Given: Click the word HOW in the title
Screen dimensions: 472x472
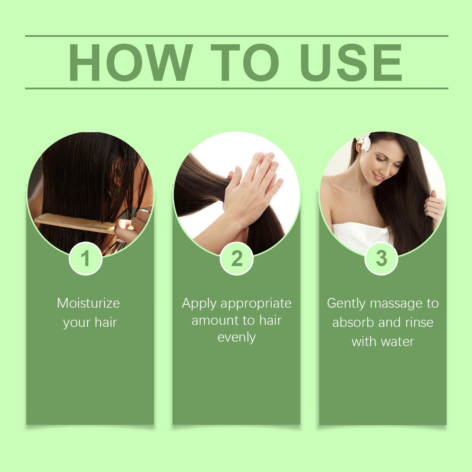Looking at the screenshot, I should click(130, 63).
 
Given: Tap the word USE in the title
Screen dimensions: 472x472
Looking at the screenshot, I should click(351, 63).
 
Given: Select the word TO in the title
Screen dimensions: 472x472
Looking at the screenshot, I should click(245, 63).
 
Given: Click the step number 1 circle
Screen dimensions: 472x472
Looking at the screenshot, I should click(86, 259).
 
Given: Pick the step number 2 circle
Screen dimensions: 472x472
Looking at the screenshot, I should click(236, 259).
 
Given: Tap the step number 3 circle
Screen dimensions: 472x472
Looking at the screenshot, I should click(381, 259).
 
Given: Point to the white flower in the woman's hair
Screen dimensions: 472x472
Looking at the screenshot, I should click(364, 142).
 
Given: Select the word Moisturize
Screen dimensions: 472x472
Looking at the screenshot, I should click(88, 303).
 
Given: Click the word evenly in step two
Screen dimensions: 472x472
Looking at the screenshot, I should click(236, 337).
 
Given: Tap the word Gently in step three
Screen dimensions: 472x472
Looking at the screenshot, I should click(346, 304).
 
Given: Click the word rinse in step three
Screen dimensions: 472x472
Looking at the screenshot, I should click(419, 322).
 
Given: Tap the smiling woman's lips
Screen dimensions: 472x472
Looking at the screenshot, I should click(378, 177).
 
